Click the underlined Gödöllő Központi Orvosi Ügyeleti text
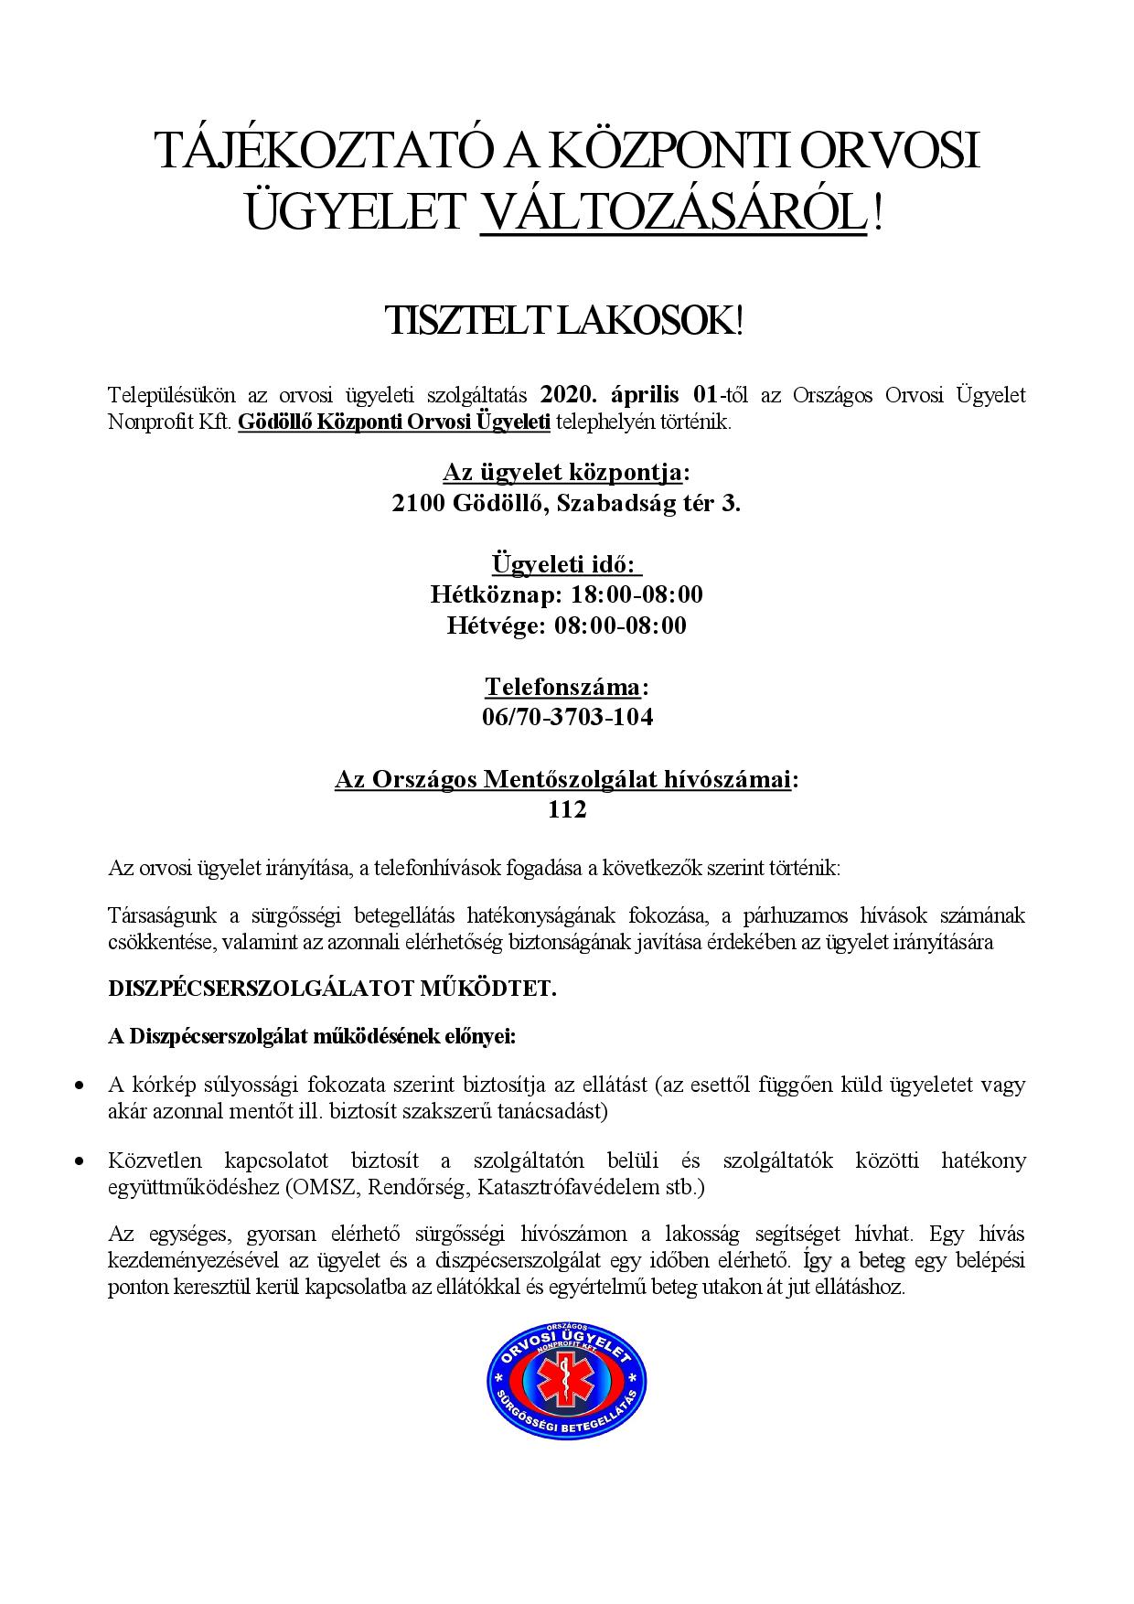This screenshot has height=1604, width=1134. coord(394,422)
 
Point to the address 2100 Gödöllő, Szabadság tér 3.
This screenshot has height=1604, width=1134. coord(566,504)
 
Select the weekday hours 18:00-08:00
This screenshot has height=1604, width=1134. coord(637,594)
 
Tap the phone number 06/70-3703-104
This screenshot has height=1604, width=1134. coord(567,717)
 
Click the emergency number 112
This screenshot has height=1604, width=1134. coord(567,809)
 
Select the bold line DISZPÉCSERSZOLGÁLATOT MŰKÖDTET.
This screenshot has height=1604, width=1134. coord(332,989)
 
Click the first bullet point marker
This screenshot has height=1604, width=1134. coord(80,1085)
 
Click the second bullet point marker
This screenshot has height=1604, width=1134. coord(80,1161)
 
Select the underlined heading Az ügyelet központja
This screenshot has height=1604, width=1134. coord(562,473)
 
